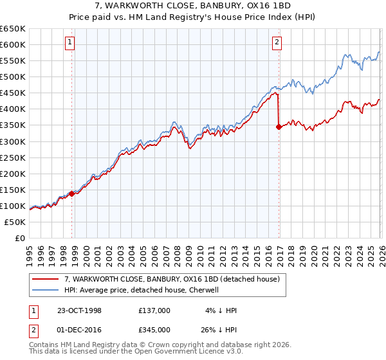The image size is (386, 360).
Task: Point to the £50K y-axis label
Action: click(14, 222)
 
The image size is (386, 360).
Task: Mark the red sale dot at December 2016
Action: click(279, 127)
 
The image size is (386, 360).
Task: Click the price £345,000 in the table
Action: click(154, 328)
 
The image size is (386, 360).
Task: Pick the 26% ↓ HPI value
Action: click(218, 328)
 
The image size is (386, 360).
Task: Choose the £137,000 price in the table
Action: click(154, 310)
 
